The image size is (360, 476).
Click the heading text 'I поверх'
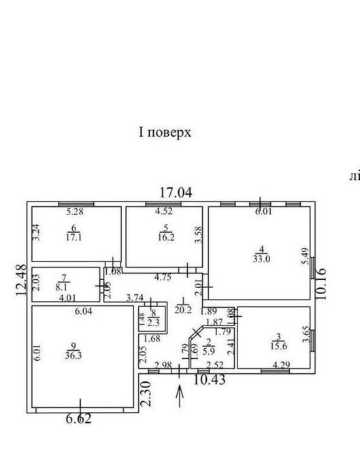click(165, 133)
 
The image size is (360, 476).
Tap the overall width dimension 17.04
click(177, 192)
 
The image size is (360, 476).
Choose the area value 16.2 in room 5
click(163, 239)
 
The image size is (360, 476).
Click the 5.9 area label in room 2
click(209, 351)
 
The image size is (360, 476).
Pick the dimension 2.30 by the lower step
click(144, 393)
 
